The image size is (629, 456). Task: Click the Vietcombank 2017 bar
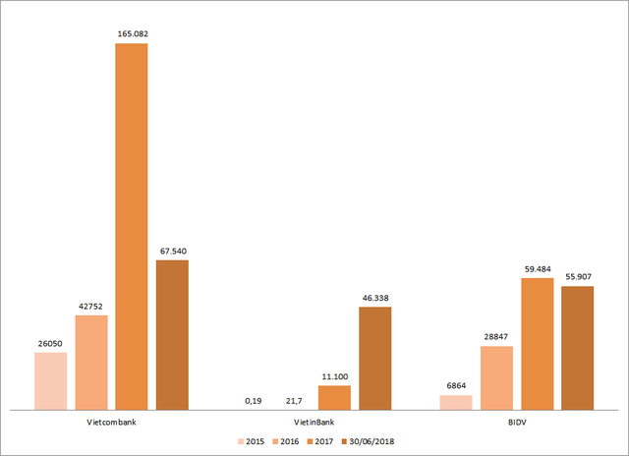[x=132, y=226]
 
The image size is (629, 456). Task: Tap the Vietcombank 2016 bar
[x=91, y=362]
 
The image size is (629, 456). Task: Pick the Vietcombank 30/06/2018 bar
[x=172, y=334]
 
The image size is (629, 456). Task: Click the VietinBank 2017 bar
[x=334, y=397]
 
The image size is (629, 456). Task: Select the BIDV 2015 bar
[x=456, y=402]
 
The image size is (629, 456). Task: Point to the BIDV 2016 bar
[x=496, y=377]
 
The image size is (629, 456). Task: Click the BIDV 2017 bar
[x=537, y=343]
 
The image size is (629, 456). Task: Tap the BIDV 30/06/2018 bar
[x=577, y=347]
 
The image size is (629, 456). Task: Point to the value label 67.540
[x=172, y=251]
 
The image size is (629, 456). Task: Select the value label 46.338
[x=374, y=298]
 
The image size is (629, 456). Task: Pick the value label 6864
[x=456, y=386]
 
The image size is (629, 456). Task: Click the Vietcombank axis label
[x=111, y=421]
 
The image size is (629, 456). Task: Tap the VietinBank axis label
[x=314, y=421]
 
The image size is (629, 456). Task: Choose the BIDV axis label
[x=517, y=421]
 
